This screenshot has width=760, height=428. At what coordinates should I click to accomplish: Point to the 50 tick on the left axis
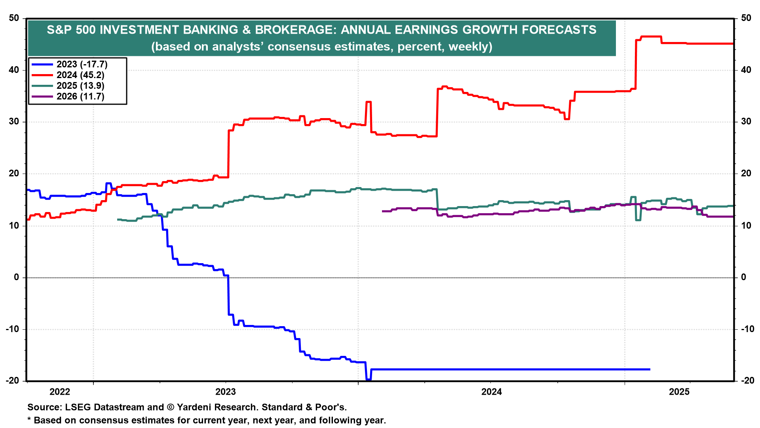tap(14, 18)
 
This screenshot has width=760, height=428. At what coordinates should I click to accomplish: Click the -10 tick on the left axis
tap(13, 329)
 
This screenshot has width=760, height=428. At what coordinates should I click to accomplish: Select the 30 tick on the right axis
tap(746, 122)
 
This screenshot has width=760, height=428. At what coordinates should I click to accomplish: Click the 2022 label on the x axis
tap(60, 392)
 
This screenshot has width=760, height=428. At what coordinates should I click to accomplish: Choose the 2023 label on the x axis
tap(226, 392)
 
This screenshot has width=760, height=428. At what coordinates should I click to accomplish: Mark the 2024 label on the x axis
tap(491, 392)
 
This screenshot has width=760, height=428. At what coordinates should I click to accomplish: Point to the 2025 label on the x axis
tap(679, 392)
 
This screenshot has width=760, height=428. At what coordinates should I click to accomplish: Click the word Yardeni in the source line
tap(195, 407)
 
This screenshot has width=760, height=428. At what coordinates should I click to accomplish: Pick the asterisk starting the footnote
tap(29, 419)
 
